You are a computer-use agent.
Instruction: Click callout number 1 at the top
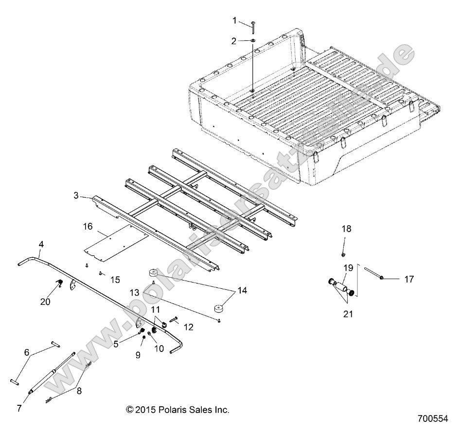click(x=234, y=20)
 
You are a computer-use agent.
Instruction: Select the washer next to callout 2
click(x=254, y=41)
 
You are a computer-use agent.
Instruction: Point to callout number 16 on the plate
click(x=88, y=226)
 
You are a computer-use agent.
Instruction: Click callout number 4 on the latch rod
click(x=41, y=245)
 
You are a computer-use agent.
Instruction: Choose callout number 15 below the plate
click(x=115, y=280)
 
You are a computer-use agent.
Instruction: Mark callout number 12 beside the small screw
click(x=188, y=328)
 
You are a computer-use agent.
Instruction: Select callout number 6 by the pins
click(x=27, y=352)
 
